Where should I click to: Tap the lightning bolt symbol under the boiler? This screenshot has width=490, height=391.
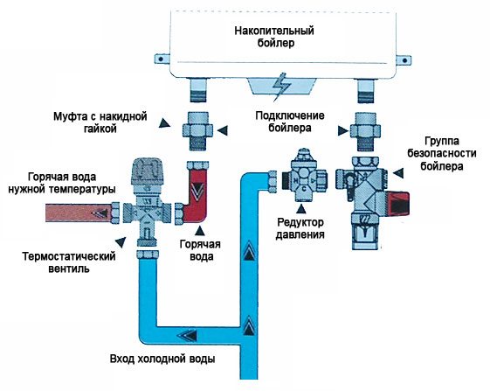[282, 88]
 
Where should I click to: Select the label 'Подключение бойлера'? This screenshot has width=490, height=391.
[291, 122]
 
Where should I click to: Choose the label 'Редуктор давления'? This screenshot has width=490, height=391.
[301, 229]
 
